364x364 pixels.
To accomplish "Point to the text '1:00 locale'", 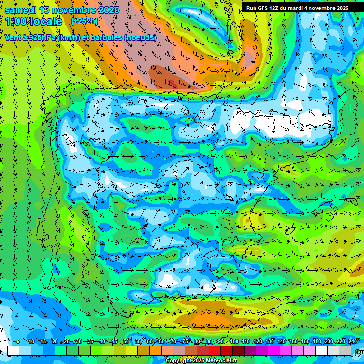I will coord(33,21).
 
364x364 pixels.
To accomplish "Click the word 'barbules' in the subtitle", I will coord(104,37).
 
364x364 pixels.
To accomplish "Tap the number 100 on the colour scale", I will coord(234,342).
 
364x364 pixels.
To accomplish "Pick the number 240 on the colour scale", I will coord(353,342).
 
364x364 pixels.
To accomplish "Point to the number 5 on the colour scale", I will coord(18,342).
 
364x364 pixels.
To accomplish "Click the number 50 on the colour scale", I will coord(126,342).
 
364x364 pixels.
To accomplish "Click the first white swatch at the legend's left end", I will coord(13,351).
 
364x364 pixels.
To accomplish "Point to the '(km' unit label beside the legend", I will coord(359,352).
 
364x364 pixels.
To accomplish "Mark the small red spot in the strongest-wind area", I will coord(174,86).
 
